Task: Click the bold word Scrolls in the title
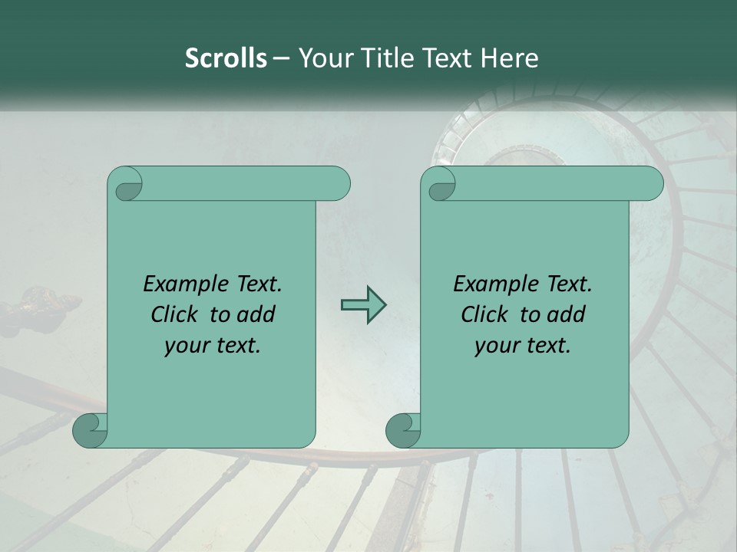[226, 58]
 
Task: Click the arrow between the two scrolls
[363, 305]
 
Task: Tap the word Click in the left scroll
[177, 314]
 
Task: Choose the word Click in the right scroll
[484, 314]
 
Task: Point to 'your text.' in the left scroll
[213, 346]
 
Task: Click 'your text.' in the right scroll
[523, 346]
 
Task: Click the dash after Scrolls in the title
[281, 58]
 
